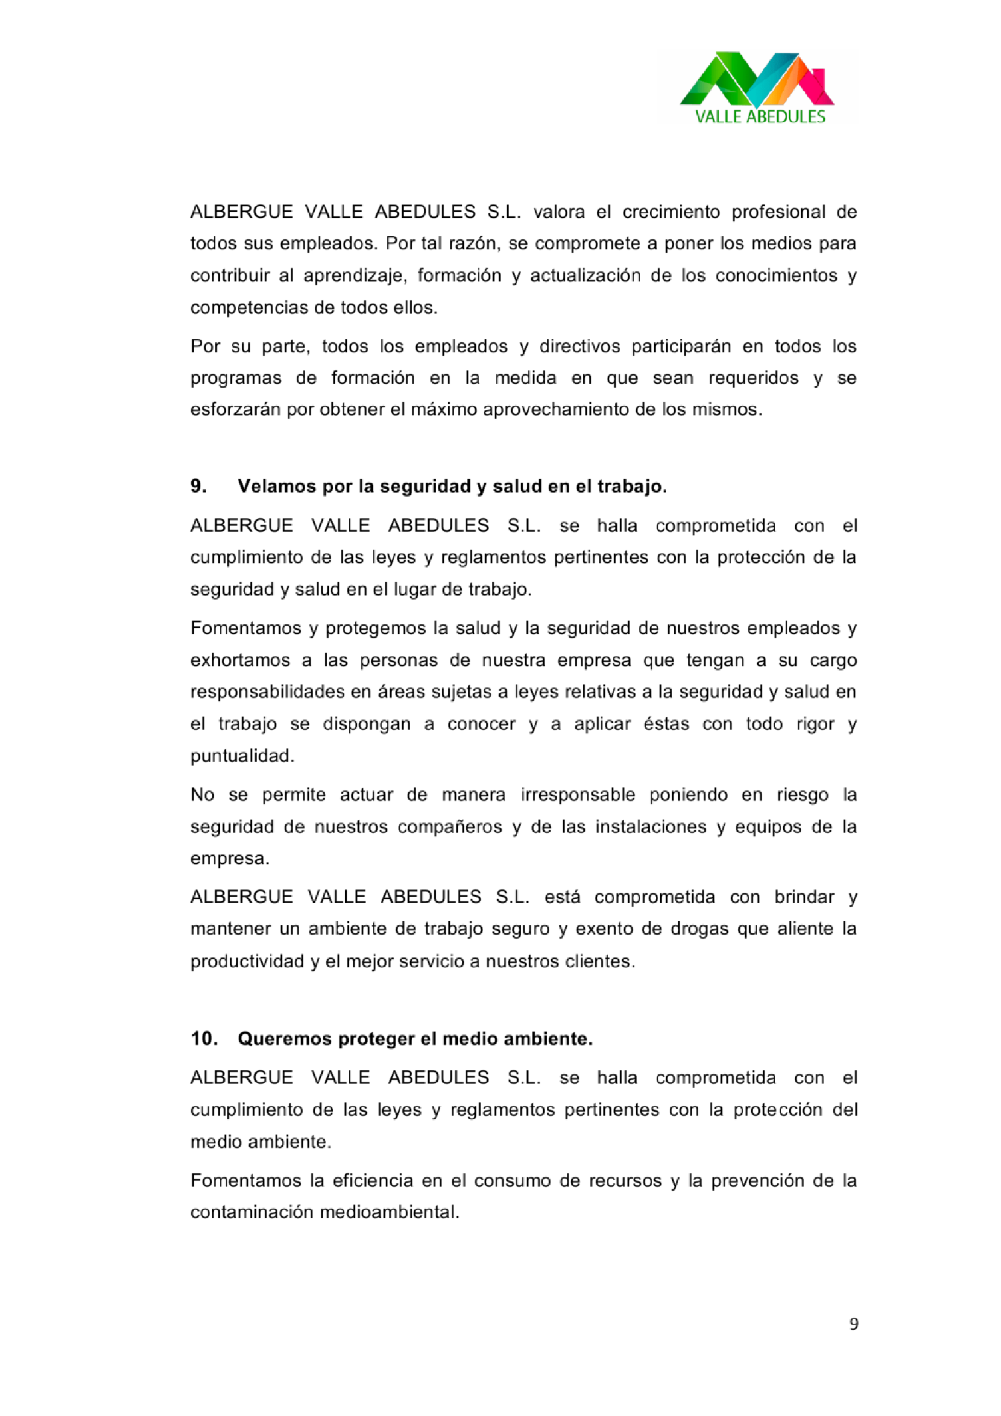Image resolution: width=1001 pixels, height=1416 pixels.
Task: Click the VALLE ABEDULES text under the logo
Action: coord(759,117)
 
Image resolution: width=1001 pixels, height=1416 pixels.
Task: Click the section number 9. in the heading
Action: coord(198,486)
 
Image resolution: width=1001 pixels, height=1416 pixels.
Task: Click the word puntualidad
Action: coord(241,756)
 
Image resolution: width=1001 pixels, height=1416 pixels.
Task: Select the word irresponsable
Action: coord(578,795)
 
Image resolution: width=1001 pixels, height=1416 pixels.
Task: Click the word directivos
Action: coord(579,346)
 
